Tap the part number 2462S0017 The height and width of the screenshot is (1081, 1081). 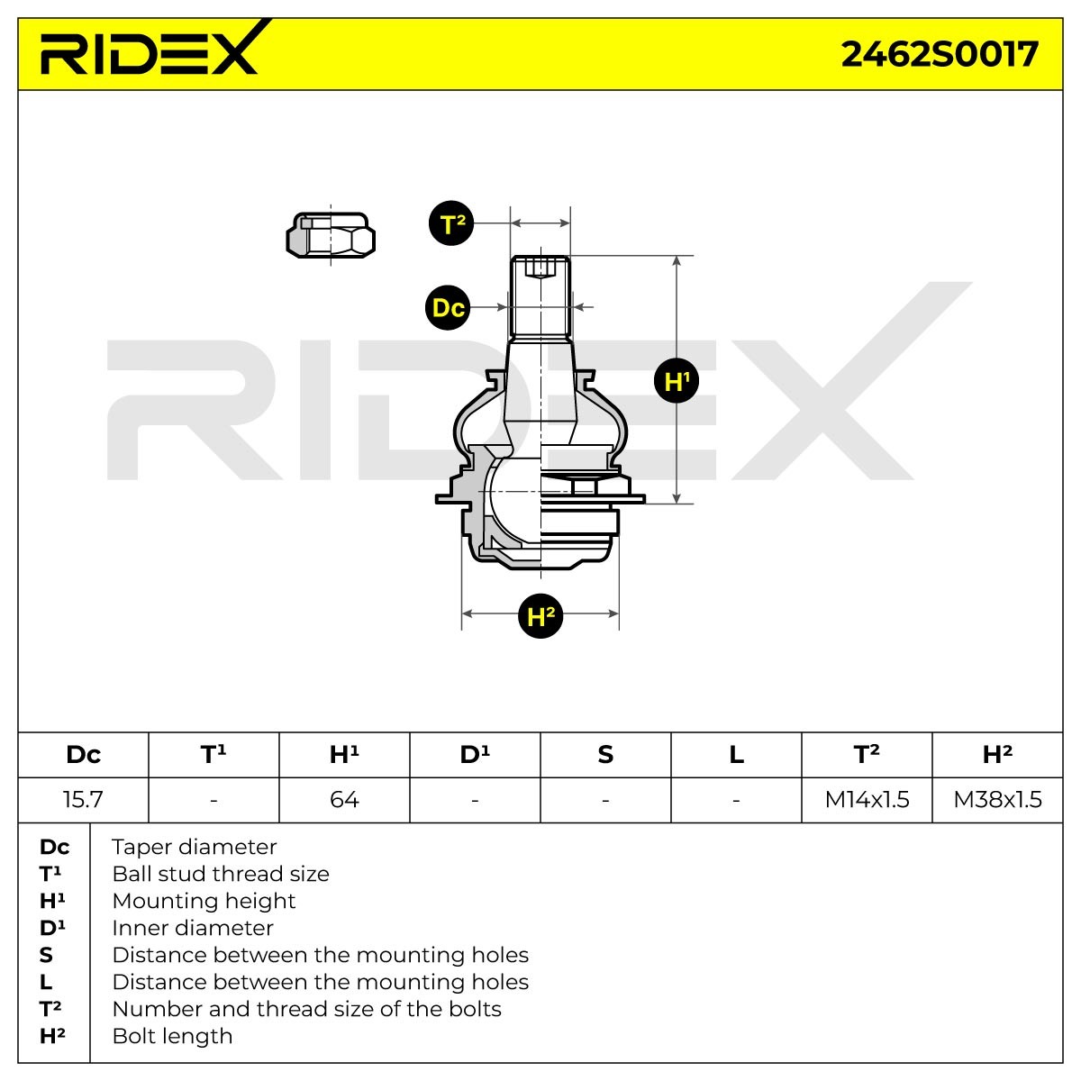point(939,54)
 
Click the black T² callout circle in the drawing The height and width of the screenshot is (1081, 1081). point(451,223)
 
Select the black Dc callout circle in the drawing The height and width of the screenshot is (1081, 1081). point(448,307)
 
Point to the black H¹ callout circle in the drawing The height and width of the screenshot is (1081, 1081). point(677,381)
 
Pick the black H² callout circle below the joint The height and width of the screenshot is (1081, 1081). point(540,616)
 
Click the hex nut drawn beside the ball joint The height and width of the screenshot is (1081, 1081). point(331,235)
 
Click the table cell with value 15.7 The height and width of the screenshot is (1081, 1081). point(83,799)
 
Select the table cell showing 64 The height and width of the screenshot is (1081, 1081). point(344,799)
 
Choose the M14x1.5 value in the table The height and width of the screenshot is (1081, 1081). point(867,799)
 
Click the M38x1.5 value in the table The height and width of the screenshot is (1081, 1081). point(997,799)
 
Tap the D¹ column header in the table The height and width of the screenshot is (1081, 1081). point(475,755)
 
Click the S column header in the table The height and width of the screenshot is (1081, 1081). point(605,755)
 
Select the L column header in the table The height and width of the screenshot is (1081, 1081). point(736,755)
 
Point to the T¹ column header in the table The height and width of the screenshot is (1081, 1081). point(213,755)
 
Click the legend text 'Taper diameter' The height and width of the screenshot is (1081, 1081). point(194,847)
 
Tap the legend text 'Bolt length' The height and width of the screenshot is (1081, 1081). point(172,1036)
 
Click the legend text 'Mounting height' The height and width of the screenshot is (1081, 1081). point(204,901)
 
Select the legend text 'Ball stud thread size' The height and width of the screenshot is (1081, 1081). point(221,874)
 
